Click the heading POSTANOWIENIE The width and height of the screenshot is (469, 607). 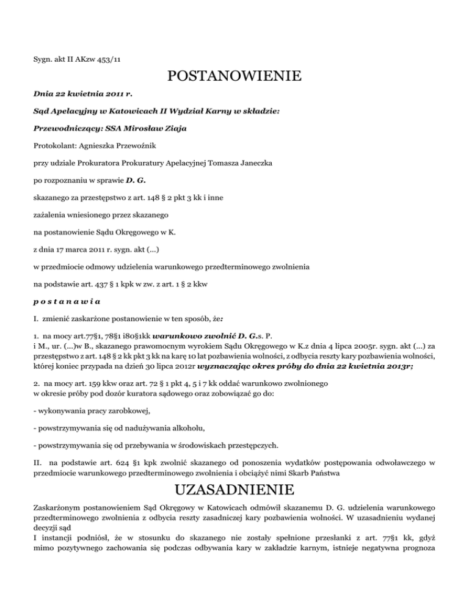[234, 77]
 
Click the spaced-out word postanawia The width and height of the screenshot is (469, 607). [67, 301]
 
